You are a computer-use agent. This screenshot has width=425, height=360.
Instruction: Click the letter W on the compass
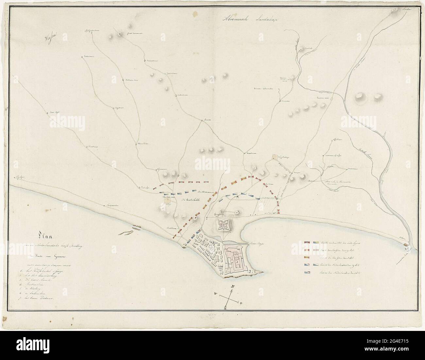click(x=215, y=293)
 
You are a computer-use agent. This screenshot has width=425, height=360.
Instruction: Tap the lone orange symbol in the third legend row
click(x=307, y=257)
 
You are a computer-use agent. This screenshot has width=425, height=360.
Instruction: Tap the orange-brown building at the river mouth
click(x=405, y=244)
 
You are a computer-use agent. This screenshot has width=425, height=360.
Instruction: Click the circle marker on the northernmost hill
click(x=120, y=34)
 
